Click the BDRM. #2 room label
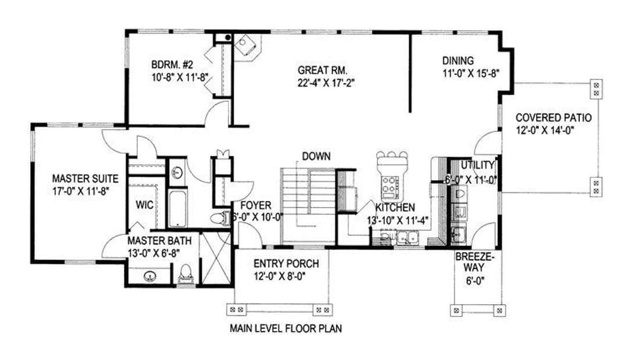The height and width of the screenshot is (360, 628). (x=172, y=65)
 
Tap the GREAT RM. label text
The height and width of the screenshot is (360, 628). (x=322, y=70)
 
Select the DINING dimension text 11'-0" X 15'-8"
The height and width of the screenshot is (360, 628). (x=470, y=74)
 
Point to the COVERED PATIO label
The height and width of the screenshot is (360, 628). (x=554, y=117)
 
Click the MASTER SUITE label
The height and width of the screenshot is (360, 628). (x=85, y=178)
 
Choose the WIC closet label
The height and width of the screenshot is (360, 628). (x=145, y=205)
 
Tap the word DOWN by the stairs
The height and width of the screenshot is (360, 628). (x=316, y=156)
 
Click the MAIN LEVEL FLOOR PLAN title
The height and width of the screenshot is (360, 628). (x=286, y=329)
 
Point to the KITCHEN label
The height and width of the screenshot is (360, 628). (x=395, y=208)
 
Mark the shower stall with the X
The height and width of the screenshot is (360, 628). (x=215, y=258)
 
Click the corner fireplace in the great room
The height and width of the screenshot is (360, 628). (x=246, y=46)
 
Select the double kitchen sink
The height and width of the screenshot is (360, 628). (x=408, y=238)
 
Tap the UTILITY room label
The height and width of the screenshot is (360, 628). (x=477, y=165)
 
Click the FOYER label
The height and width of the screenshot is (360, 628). (x=255, y=205)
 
